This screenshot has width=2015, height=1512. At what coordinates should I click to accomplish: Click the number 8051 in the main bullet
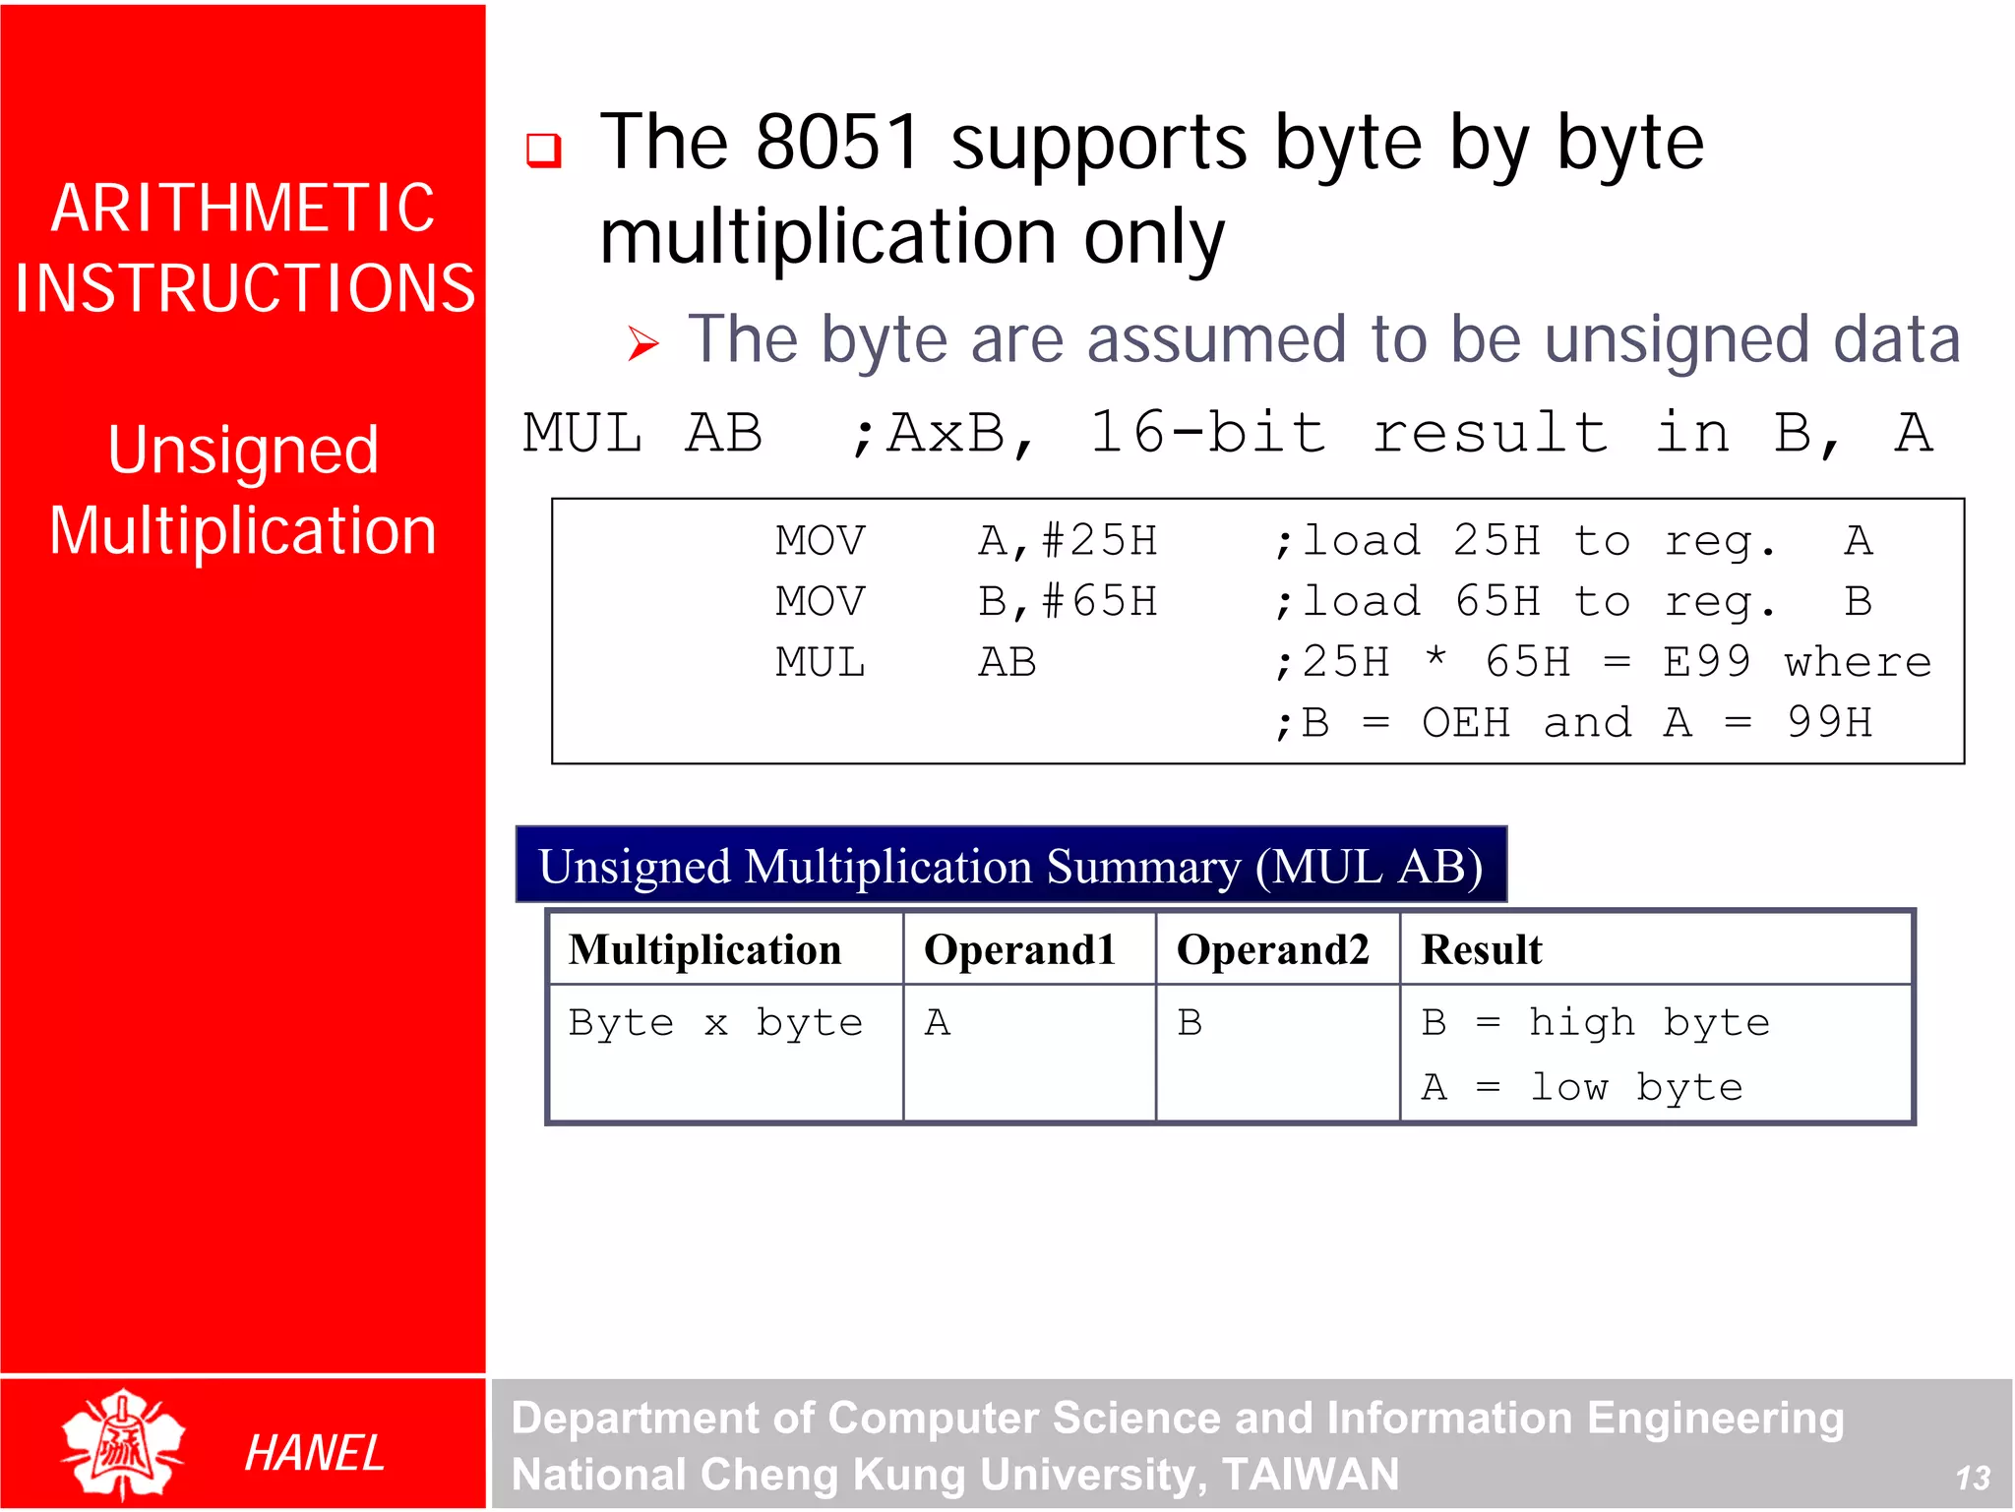[837, 143]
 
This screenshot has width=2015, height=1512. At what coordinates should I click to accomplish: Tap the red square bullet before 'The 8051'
[543, 151]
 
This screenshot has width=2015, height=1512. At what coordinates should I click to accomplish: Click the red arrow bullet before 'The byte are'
[643, 343]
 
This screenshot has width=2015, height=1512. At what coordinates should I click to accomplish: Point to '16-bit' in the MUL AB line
[1208, 433]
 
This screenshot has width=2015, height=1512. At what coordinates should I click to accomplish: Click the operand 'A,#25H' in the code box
[1068, 541]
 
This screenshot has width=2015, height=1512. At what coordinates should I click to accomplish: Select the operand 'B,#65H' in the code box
[1068, 601]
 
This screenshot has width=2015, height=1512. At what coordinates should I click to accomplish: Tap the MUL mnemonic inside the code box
[820, 662]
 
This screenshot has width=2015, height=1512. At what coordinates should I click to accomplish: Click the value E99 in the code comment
[1706, 662]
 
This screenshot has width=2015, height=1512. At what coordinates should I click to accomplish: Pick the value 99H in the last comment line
[1829, 723]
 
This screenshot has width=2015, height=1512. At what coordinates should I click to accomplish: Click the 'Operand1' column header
[1019, 949]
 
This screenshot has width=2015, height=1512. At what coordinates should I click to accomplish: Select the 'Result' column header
[1481, 949]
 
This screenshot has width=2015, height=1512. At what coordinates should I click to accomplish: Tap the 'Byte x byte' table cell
[715, 1023]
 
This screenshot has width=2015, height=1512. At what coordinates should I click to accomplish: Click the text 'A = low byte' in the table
[1581, 1088]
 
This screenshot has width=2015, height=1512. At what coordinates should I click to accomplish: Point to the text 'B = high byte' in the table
[1595, 1023]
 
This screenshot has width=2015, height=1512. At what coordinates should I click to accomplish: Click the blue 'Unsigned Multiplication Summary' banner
[1010, 866]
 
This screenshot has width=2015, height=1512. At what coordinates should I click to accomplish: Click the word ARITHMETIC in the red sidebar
[243, 209]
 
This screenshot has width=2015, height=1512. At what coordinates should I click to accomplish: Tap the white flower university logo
[123, 1443]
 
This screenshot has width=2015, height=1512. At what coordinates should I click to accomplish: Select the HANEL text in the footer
[314, 1453]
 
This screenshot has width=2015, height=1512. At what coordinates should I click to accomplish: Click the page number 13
[1972, 1478]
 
